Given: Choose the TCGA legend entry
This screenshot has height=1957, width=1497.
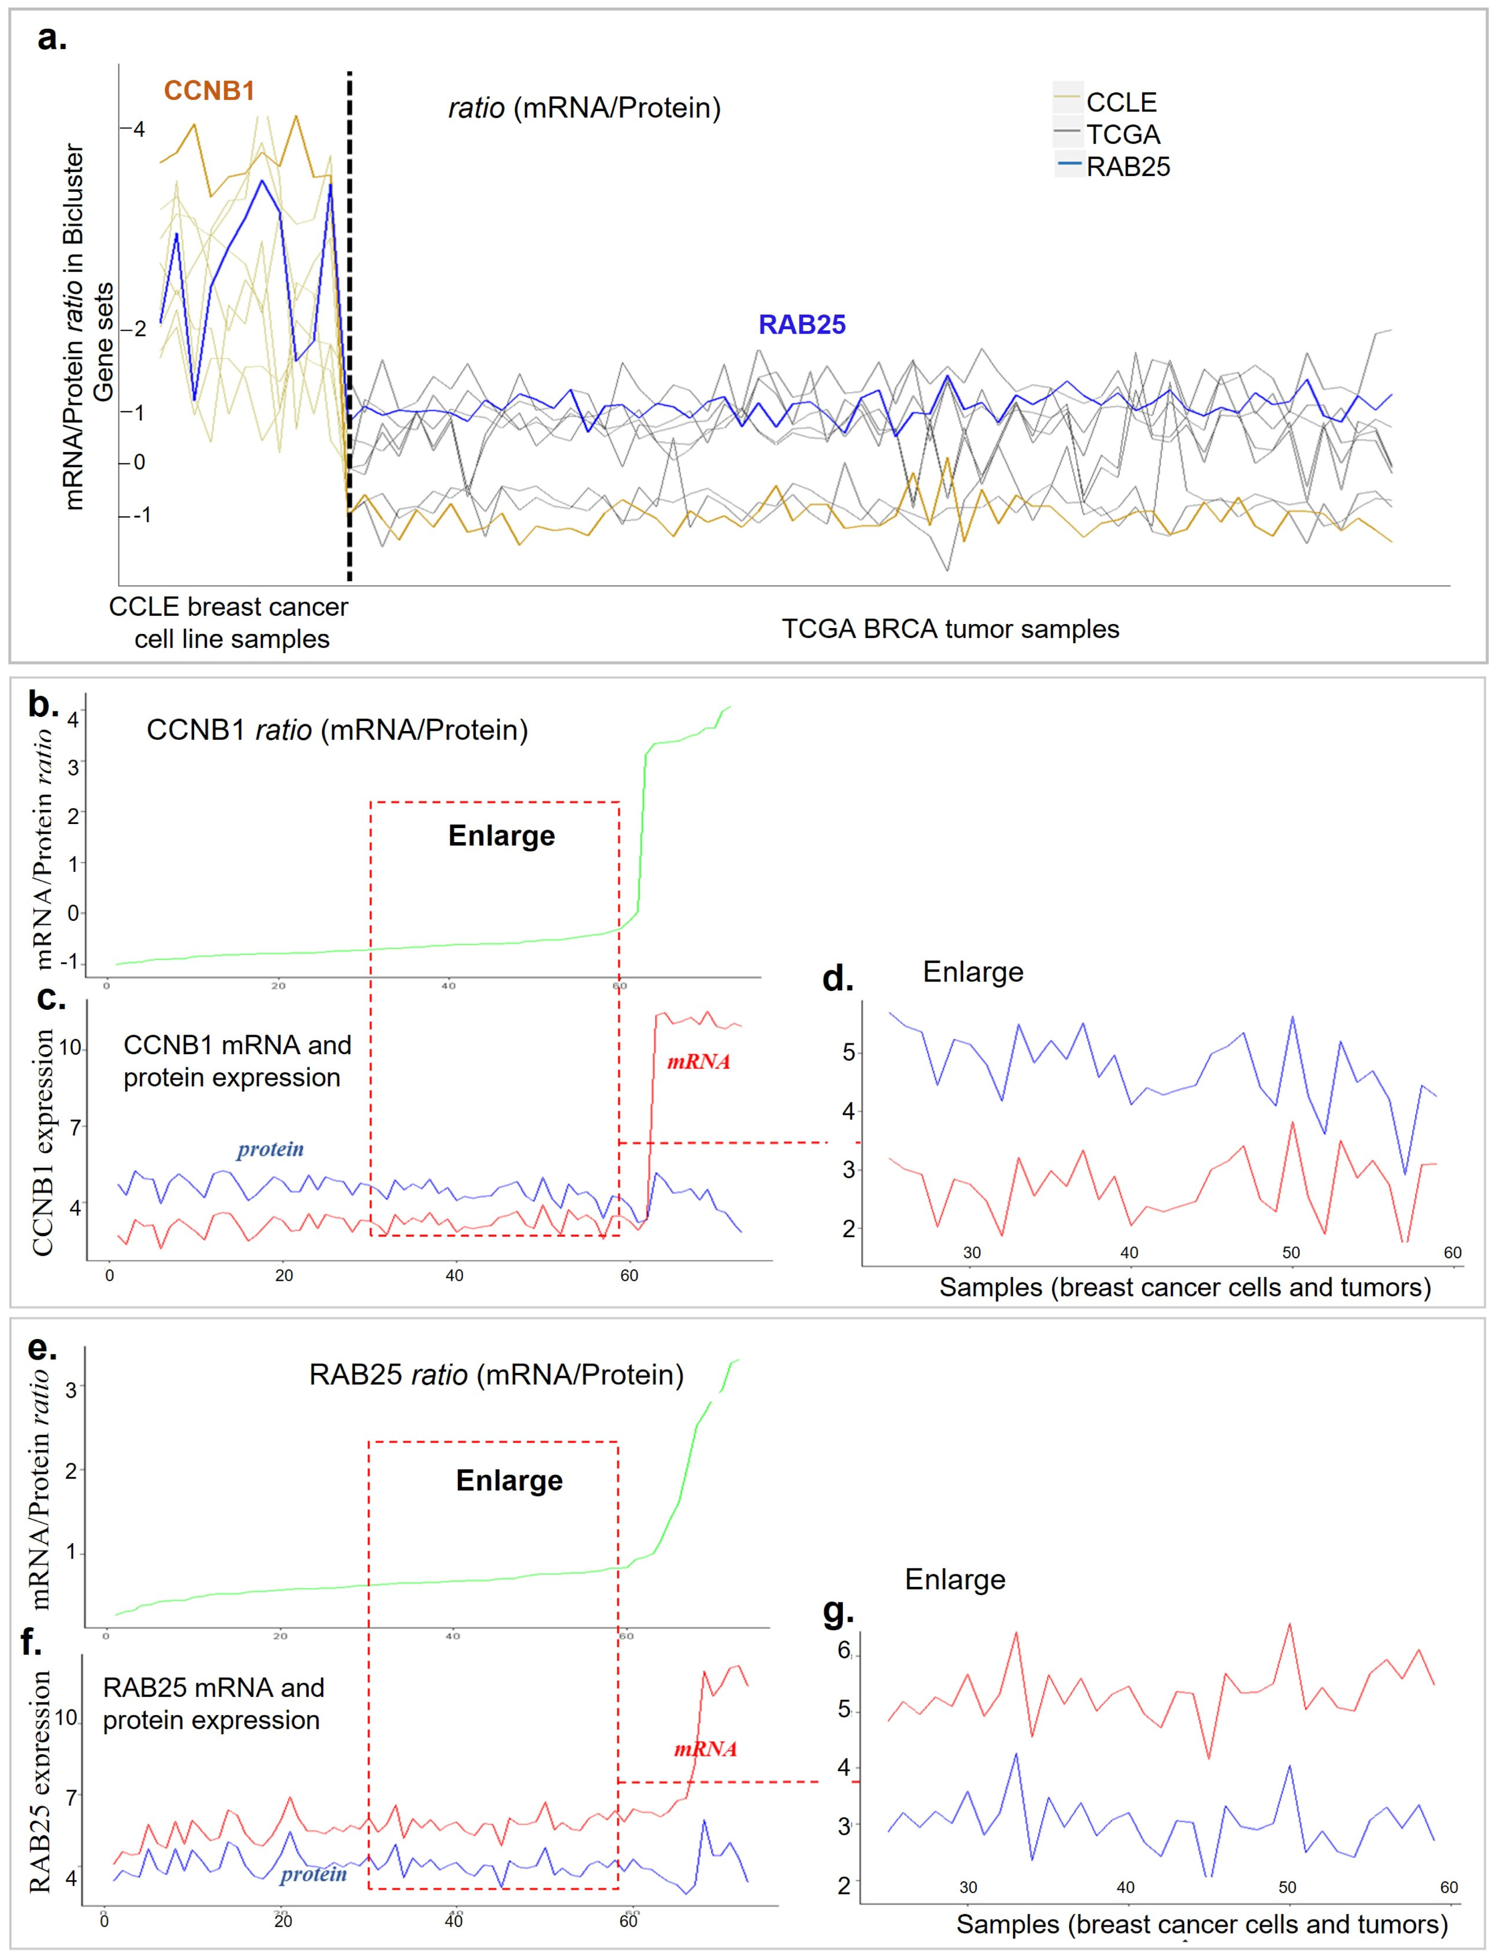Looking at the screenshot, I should tap(1122, 135).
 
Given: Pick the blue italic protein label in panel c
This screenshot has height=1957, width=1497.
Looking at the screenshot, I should tap(270, 1149).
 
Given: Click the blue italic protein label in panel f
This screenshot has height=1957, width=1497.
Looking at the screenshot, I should tap(313, 1874).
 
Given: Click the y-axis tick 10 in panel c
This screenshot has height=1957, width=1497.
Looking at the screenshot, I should tap(70, 1048).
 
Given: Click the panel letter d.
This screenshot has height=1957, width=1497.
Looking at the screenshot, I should tap(838, 978).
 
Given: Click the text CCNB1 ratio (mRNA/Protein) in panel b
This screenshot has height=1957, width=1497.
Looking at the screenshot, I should tap(337, 730).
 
